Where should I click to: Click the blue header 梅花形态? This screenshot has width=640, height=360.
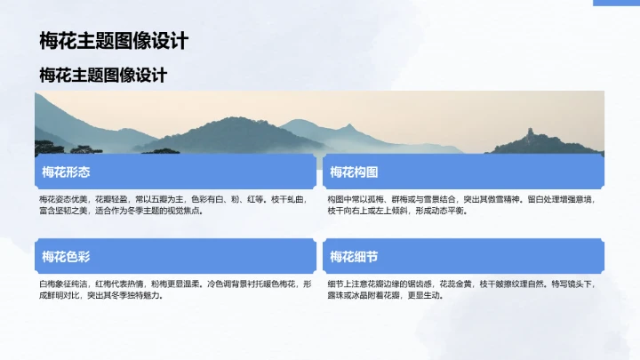click(66, 172)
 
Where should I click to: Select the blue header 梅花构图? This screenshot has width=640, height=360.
click(354, 172)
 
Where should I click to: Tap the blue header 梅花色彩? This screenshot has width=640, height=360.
click(66, 257)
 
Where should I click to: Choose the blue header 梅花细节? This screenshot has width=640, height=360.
click(354, 257)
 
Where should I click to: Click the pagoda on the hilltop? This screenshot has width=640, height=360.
click(532, 133)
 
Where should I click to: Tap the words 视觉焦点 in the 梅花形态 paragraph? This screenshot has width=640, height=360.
click(187, 212)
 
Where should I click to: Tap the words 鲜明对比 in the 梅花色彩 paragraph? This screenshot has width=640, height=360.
click(60, 296)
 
